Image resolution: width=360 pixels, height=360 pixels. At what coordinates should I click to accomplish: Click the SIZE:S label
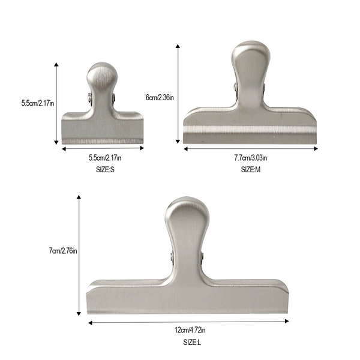coord(105,170)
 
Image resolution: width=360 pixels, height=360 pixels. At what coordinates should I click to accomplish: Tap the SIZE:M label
coord(250,170)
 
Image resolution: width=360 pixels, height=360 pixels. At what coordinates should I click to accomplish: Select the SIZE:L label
coord(192,343)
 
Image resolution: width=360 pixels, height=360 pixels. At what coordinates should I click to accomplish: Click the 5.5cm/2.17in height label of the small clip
coord(38,103)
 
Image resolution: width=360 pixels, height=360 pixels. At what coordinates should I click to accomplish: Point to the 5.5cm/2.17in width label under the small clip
coord(105,158)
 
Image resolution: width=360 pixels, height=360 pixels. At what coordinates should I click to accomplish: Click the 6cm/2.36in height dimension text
coord(160,98)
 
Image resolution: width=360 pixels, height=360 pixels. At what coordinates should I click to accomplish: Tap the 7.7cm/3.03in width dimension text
coord(250,158)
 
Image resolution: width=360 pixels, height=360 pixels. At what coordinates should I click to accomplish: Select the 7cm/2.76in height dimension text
coord(63,251)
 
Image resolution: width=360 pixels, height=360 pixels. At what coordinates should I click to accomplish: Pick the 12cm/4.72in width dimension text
coord(190,330)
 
